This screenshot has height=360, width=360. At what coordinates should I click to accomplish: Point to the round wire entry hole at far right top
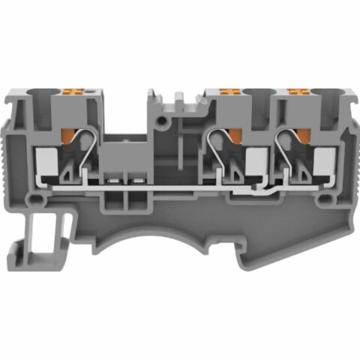point(331,97)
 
